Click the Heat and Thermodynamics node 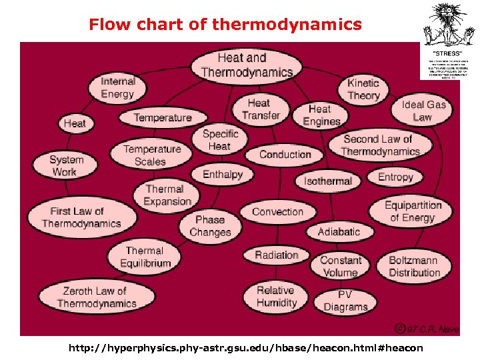[246, 65]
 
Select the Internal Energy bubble [117, 87]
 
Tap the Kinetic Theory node [363, 89]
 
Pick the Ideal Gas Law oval [423, 111]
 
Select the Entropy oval [395, 177]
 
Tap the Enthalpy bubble [222, 174]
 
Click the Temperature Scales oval [151, 155]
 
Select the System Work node [66, 165]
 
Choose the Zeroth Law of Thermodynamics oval [95, 297]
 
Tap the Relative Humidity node [276, 297]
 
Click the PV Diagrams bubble [345, 301]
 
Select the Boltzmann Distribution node [414, 266]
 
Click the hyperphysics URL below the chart [245, 348]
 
